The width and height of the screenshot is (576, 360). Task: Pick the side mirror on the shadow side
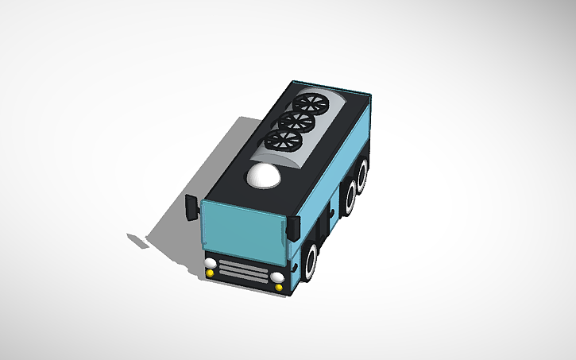(191, 207)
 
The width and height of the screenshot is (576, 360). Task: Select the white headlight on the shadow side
(210, 263)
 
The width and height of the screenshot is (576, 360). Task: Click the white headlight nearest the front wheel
(277, 277)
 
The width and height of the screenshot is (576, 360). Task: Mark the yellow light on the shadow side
(210, 273)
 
